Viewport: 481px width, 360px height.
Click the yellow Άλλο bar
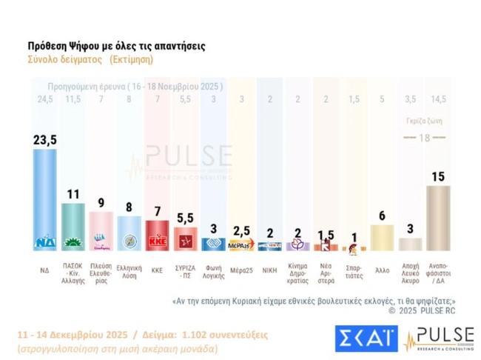coord(381,236)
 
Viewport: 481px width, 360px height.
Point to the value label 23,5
coord(45,139)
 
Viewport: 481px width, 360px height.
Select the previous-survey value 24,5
coord(45,98)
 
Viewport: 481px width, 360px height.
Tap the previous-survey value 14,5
coord(438,98)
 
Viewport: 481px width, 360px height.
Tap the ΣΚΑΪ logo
coord(366,337)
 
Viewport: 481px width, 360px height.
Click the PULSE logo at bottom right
coord(437,337)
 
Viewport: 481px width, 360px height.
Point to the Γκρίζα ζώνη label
coord(438,122)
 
